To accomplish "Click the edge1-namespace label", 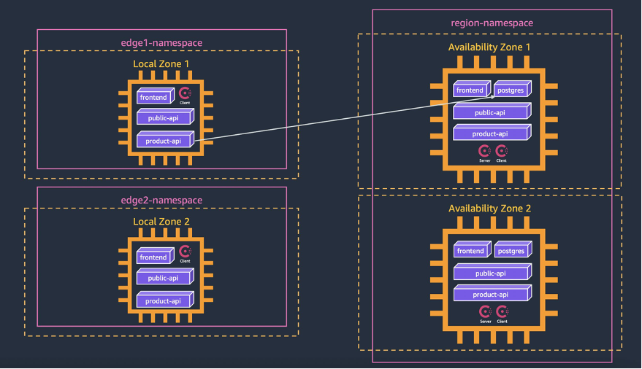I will point(161,43).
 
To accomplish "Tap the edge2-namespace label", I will point(161,201).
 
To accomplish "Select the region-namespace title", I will point(492,23).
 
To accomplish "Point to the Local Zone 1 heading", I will point(161,64).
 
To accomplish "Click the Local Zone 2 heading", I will point(161,222).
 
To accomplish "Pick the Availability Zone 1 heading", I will point(489,47).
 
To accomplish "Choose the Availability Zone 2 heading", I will point(489,209).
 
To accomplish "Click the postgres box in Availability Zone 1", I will point(511,90).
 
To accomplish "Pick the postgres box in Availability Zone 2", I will point(511,251).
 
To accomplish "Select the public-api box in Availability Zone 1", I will point(491,112).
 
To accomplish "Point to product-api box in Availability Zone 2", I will point(491,295).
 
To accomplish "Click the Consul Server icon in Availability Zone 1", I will point(484,151).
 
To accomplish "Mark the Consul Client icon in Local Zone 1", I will point(185,94).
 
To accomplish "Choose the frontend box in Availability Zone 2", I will point(471,251).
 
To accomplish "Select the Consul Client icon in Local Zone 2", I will point(185,253).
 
